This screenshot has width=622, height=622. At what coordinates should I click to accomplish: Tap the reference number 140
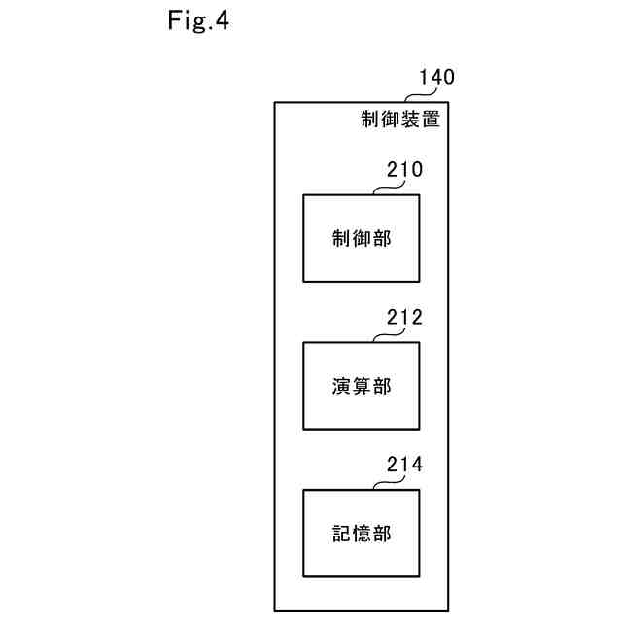click(435, 78)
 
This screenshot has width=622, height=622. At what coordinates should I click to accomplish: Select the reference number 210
click(402, 171)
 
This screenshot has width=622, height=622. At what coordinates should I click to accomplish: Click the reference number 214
click(403, 466)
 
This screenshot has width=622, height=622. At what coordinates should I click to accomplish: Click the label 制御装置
click(399, 121)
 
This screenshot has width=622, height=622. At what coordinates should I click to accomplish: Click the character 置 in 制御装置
click(430, 121)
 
